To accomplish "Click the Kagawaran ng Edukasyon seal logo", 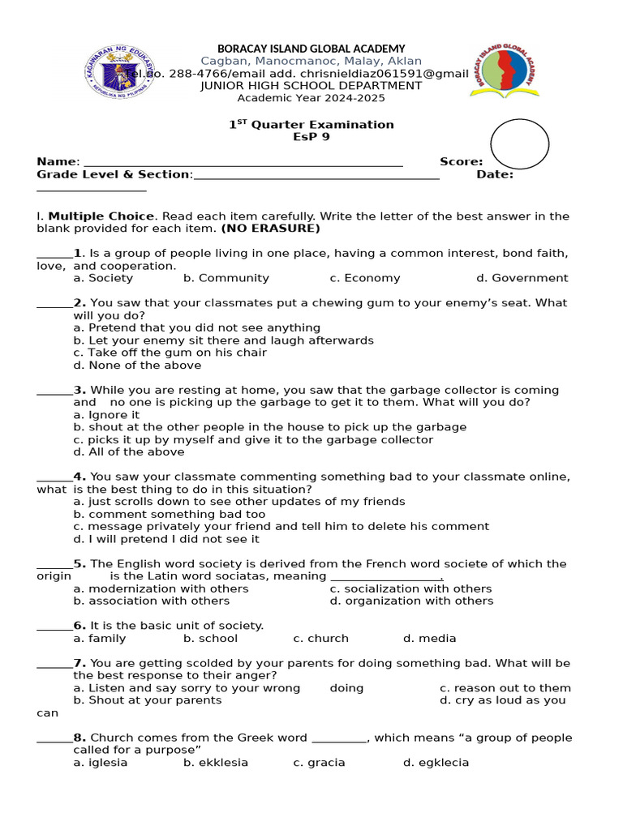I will point(121,72).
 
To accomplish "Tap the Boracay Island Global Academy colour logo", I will point(503,72).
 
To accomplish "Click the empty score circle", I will point(520,144).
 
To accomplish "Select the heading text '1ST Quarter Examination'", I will point(311,125).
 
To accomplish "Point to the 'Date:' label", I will point(495,174).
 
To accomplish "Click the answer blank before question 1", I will point(54,254).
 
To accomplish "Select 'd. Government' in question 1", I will point(522,278).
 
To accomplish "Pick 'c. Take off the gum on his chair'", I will point(170,353).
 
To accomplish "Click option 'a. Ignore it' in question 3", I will point(106,415).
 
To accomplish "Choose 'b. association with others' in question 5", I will point(151,601).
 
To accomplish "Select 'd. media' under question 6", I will point(429,638).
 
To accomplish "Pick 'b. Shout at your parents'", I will point(147,700).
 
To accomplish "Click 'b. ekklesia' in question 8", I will point(216,763).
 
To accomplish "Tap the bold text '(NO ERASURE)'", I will point(270,229).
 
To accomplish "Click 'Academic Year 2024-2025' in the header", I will point(311,98).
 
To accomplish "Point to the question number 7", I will point(79,663).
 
